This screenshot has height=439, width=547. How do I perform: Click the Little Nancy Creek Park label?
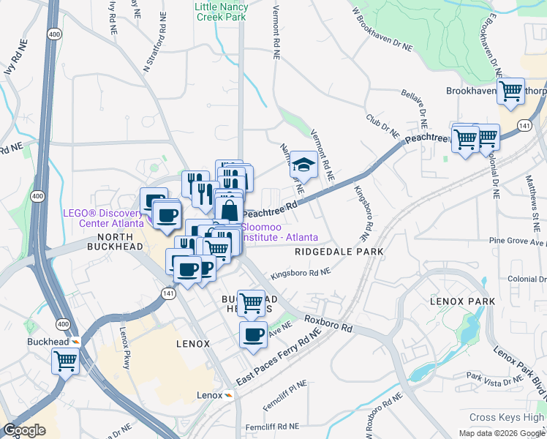pos(221,12)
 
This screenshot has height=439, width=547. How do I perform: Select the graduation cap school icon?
pos(303,165)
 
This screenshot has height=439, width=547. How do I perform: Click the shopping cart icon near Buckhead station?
pos(66,360)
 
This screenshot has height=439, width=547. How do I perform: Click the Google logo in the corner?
pos(24,430)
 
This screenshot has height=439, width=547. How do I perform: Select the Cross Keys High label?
pos(507,417)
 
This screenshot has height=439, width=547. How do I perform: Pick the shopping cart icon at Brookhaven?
pos(510,91)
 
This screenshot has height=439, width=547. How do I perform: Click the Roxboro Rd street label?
pos(328,324)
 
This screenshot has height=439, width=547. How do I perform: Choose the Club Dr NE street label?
pos(382,125)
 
